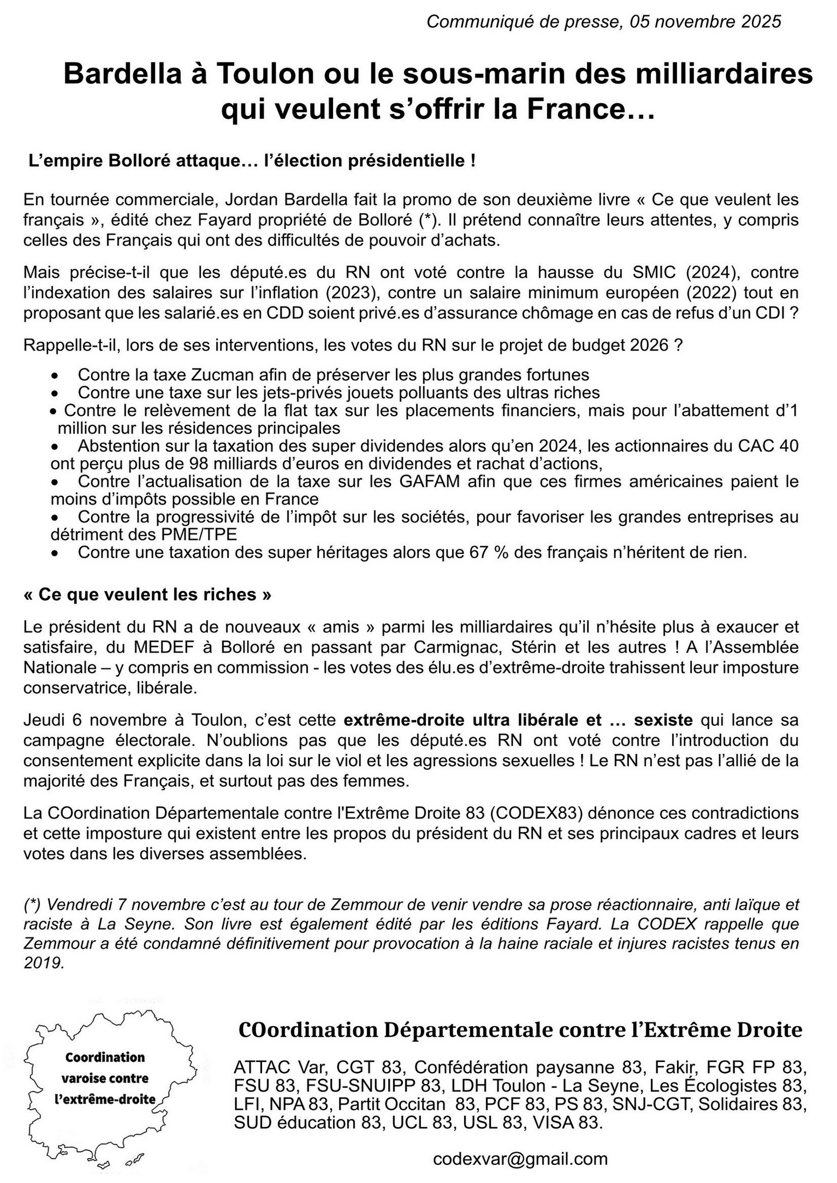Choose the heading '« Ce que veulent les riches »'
click(x=147, y=595)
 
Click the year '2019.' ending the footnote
click(x=45, y=962)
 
